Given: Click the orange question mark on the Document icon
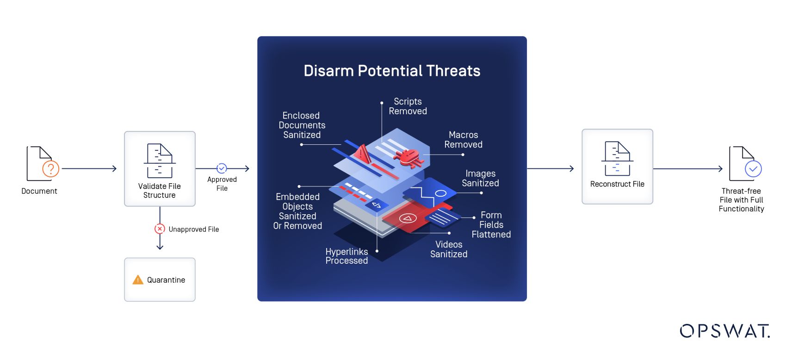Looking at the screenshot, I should coord(50,169).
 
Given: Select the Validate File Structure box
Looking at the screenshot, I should coord(160,168).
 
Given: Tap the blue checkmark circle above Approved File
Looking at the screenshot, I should coord(222,168).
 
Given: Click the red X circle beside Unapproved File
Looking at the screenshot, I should coord(160,229).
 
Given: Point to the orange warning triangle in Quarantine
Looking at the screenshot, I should coord(138,280).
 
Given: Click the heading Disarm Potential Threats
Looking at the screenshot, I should coord(392,71).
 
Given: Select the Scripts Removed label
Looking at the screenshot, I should coord(408,106).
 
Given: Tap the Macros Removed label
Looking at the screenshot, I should coord(463,140).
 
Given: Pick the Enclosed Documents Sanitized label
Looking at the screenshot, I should coord(302,125).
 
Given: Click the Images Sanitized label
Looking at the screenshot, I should coord(480,178).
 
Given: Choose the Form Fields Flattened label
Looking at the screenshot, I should coord(491,225).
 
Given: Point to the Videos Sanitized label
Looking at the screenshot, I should coord(449,249).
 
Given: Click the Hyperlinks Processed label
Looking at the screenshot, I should coord(346,256).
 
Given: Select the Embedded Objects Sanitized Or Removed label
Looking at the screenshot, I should coord(297,211).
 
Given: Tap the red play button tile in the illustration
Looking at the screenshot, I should coord(408,218).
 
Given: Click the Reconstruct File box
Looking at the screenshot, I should coord(617,167).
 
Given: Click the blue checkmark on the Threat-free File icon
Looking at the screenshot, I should coord(753,169).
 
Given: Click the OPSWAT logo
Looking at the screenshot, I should coord(724,331).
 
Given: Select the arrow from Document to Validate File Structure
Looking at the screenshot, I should coord(89,169).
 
